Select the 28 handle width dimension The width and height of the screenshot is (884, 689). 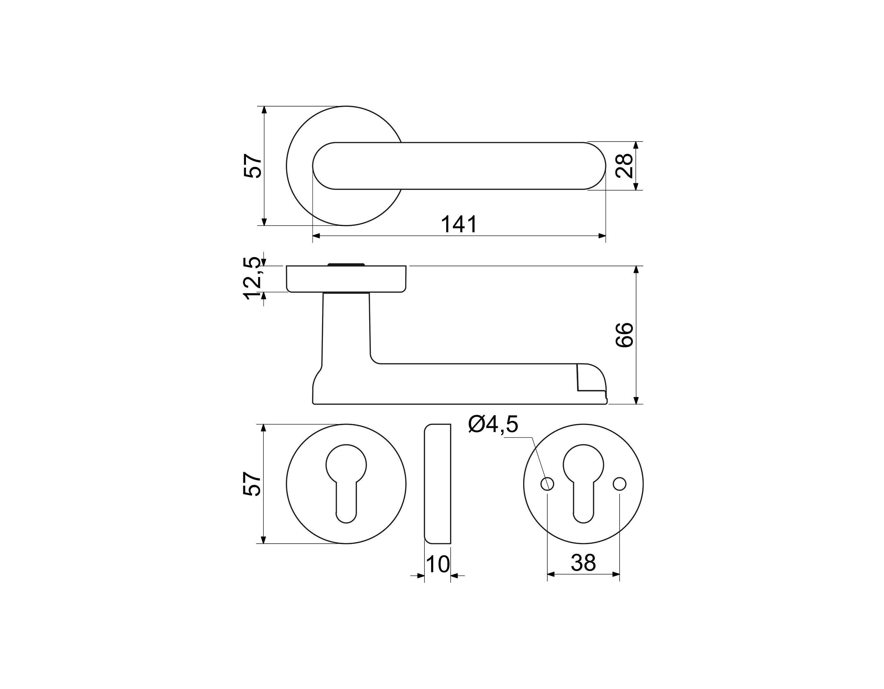(624, 165)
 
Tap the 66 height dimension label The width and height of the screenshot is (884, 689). (624, 335)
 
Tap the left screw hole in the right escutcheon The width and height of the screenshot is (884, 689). (547, 484)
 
